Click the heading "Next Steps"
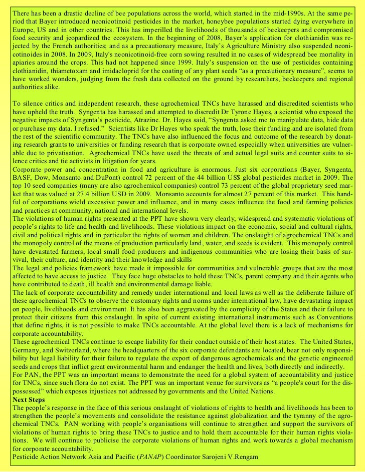pyautogui.click(x=29, y=399)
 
